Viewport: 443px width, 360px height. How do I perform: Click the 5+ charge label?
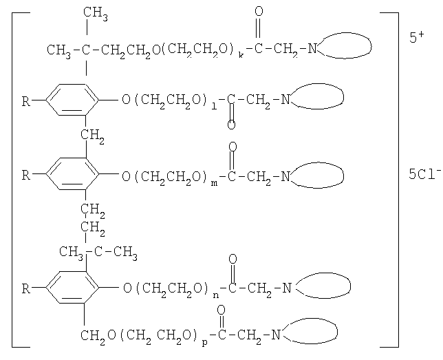click(417, 37)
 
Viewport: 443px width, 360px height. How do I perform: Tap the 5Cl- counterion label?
click(424, 173)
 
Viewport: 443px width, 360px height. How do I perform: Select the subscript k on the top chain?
click(241, 55)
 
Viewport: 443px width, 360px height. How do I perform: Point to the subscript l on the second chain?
click(214, 106)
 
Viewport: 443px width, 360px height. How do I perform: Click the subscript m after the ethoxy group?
click(215, 183)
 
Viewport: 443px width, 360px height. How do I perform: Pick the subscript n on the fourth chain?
click(215, 295)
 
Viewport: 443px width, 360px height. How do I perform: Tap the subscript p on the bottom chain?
click(205, 343)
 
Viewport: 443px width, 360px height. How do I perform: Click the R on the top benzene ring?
click(26, 101)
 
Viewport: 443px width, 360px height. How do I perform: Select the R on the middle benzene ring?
click(26, 175)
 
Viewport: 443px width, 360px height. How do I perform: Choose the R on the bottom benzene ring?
click(26, 288)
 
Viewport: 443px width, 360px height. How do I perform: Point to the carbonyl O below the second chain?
click(231, 125)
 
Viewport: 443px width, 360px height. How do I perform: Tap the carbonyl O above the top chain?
click(259, 11)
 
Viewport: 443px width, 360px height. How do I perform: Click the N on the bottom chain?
click(276, 335)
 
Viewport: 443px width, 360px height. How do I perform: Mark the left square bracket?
click(12, 180)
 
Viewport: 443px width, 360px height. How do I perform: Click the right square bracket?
click(398, 180)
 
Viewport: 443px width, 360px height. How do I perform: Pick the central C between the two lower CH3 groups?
click(98, 251)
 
